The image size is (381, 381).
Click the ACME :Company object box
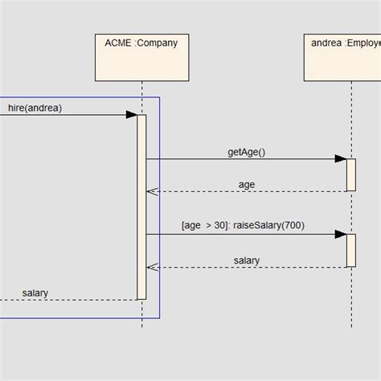pyautogui.click(x=141, y=56)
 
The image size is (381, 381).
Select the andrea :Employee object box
pyautogui.click(x=342, y=56)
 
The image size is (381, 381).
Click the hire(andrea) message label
pyautogui.click(x=35, y=108)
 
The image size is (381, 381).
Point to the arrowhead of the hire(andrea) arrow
pyautogui.click(x=131, y=115)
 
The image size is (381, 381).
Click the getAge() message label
pyautogui.click(x=246, y=152)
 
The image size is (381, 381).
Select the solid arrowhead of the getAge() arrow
pyautogui.click(x=341, y=159)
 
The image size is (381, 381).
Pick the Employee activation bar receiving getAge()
pyautogui.click(x=350, y=174)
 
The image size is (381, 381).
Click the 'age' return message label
pyautogui.click(x=247, y=185)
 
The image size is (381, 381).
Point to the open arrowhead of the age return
pyautogui.click(x=151, y=191)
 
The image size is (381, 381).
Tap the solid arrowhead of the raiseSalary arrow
pyautogui.click(x=341, y=235)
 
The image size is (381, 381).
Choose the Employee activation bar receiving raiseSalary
pyautogui.click(x=350, y=250)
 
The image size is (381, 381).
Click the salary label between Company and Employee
pyautogui.click(x=247, y=260)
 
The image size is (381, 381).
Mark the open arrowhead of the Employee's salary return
pyautogui.click(x=151, y=268)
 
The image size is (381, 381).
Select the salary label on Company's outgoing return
pyautogui.click(x=35, y=293)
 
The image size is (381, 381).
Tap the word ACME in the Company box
pyautogui.click(x=119, y=43)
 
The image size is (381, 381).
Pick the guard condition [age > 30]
pyautogui.click(x=204, y=226)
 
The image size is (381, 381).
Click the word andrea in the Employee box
pyautogui.click(x=326, y=43)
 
